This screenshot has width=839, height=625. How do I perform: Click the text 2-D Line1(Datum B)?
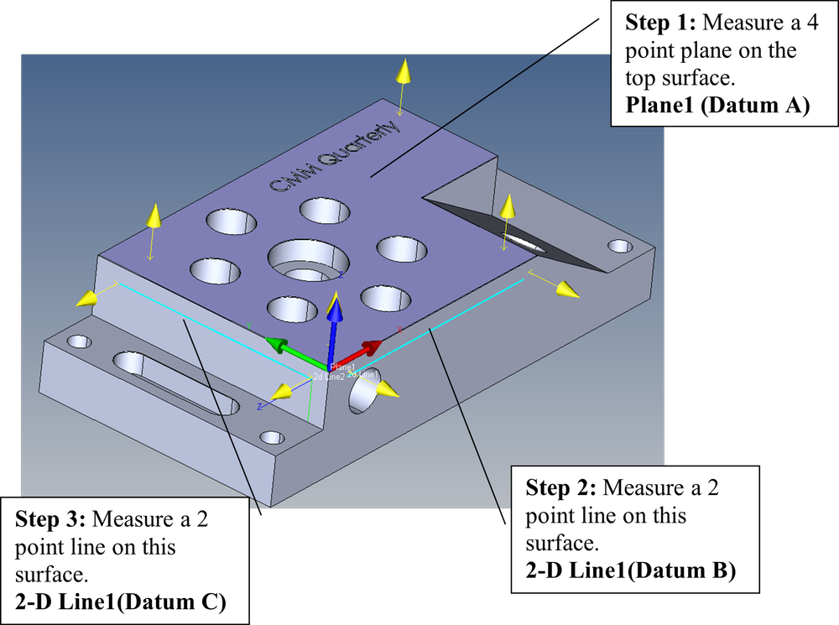[x=631, y=571]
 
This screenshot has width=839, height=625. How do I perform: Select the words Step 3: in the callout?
[x=52, y=518]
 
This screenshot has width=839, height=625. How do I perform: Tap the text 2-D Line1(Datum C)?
[x=120, y=602]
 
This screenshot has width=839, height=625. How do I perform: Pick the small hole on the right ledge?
[x=620, y=247]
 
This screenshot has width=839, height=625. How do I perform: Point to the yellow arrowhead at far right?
[x=568, y=290]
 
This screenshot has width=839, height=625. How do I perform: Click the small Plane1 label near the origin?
[x=343, y=367]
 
